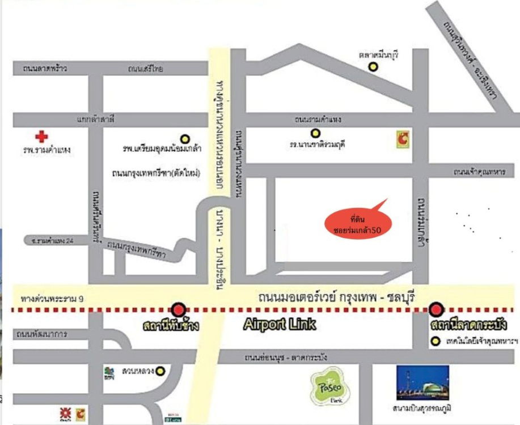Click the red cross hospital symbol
point(41,137)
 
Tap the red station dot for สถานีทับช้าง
point(179,309)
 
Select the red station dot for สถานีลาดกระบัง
point(436,309)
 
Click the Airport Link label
point(279,325)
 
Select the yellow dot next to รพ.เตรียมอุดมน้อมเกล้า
point(184,138)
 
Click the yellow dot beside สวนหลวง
point(160,371)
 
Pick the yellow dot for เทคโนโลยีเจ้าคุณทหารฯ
point(435,342)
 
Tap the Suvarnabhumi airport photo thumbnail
point(422,382)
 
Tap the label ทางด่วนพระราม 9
point(51,297)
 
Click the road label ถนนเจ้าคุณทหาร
point(479,172)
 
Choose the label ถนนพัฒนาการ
point(42,334)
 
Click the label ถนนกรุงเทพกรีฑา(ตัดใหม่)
point(157,173)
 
